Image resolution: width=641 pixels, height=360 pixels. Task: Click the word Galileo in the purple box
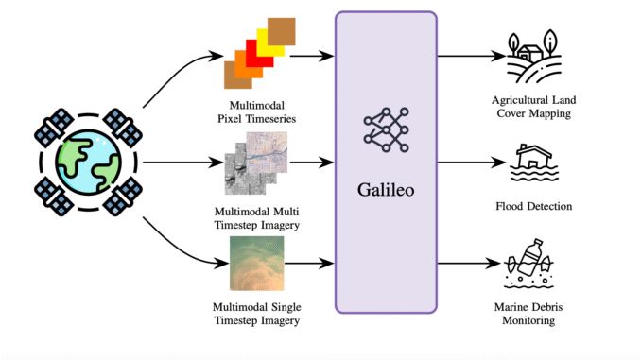[386, 191]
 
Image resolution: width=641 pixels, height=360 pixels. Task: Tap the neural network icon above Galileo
[386, 132]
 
